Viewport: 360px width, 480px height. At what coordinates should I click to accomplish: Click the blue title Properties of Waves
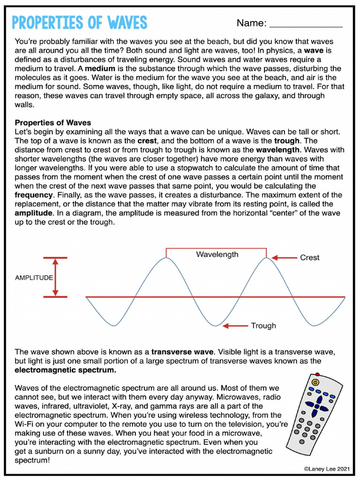point(79,22)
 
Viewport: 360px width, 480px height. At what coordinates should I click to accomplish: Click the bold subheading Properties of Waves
point(53,123)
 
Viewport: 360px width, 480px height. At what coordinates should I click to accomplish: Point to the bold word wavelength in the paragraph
point(277,150)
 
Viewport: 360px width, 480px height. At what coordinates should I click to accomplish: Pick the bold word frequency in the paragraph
point(33,195)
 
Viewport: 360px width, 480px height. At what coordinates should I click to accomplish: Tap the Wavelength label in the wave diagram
point(217,255)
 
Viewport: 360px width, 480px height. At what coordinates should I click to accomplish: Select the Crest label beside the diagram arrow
point(309,257)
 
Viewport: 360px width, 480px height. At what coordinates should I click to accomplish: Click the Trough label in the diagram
point(263,326)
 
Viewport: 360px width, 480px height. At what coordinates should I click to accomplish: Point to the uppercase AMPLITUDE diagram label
point(34,277)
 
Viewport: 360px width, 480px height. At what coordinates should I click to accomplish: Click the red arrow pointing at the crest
point(284,257)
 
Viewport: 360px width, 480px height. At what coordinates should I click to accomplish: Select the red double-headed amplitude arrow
point(55,277)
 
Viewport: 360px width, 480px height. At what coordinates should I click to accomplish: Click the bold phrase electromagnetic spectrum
point(65,370)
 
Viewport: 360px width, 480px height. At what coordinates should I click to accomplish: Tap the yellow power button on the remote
point(315,382)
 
